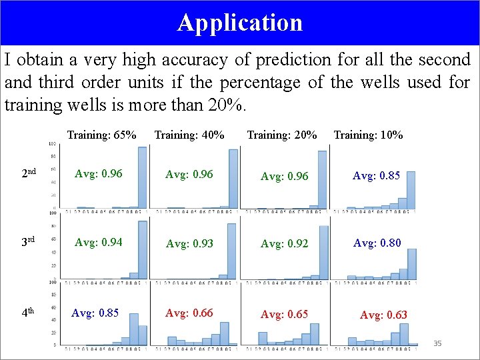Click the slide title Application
[x=240, y=23]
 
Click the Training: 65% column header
[x=101, y=135]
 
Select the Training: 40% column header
[x=189, y=135]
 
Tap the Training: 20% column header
[x=282, y=135]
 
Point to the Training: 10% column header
[x=368, y=135]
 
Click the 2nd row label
[x=29, y=173]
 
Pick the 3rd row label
[x=29, y=241]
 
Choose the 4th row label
[x=29, y=311]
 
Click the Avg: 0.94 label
[x=99, y=242]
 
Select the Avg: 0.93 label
[x=189, y=243]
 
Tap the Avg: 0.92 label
[x=284, y=243]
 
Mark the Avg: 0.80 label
[x=377, y=243]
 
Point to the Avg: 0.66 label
[x=189, y=313]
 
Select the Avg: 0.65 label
[x=284, y=314]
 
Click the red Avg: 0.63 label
[x=383, y=315]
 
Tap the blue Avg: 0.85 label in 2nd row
[x=376, y=176]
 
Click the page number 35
[x=437, y=343]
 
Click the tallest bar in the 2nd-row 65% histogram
[x=142, y=177]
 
